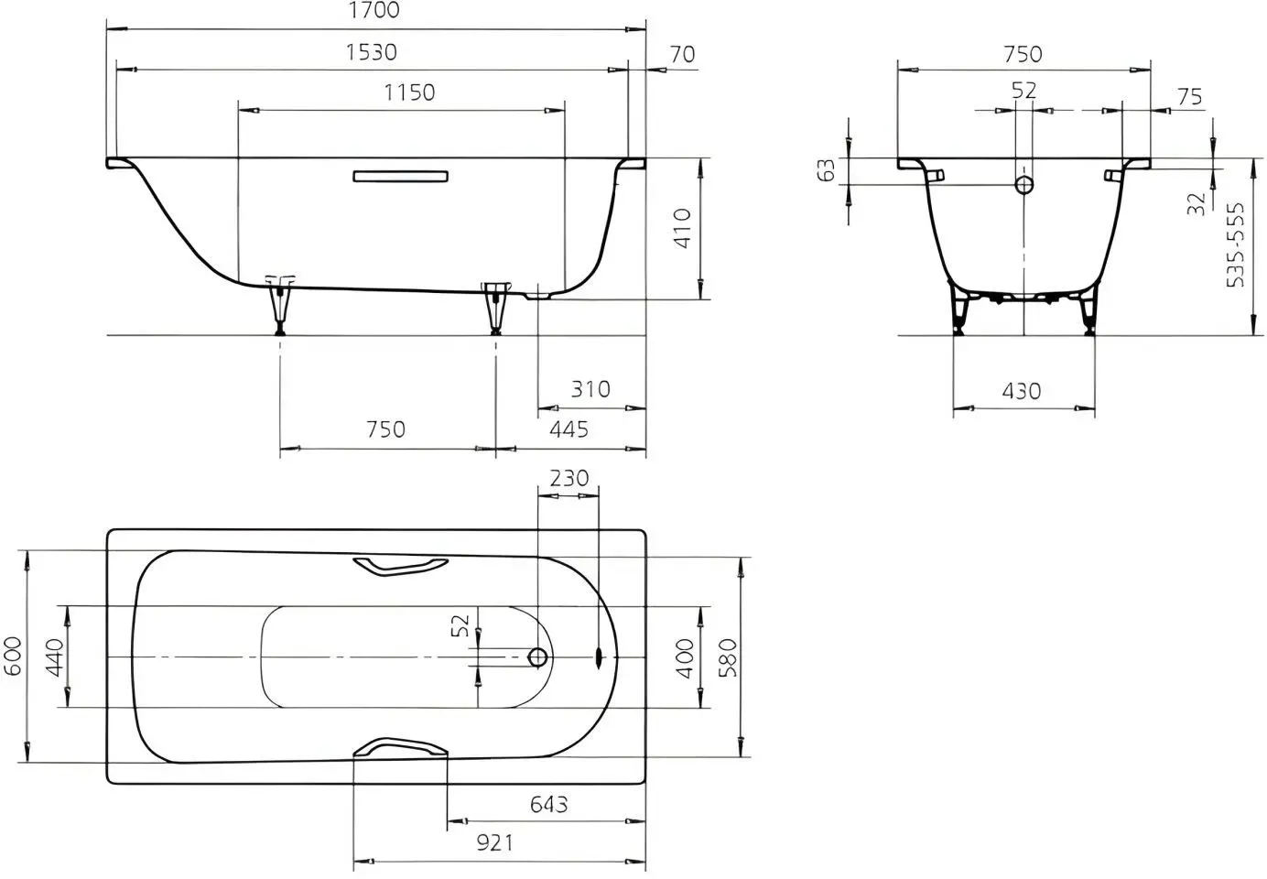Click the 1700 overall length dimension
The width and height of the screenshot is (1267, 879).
pyautogui.click(x=374, y=10)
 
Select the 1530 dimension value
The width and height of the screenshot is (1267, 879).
pyautogui.click(x=372, y=52)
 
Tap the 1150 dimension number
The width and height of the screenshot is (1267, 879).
pyautogui.click(x=409, y=92)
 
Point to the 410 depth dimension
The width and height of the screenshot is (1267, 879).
pyautogui.click(x=683, y=228)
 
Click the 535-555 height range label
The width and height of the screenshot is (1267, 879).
pyautogui.click(x=1235, y=244)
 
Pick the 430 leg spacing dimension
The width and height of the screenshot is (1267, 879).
pyautogui.click(x=1022, y=391)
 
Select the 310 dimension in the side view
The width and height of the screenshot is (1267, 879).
pyautogui.click(x=590, y=389)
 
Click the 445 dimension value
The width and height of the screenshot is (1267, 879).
pyautogui.click(x=569, y=429)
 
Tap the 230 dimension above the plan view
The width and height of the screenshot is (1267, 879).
pyautogui.click(x=569, y=479)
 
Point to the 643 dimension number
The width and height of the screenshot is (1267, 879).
pyautogui.click(x=548, y=804)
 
